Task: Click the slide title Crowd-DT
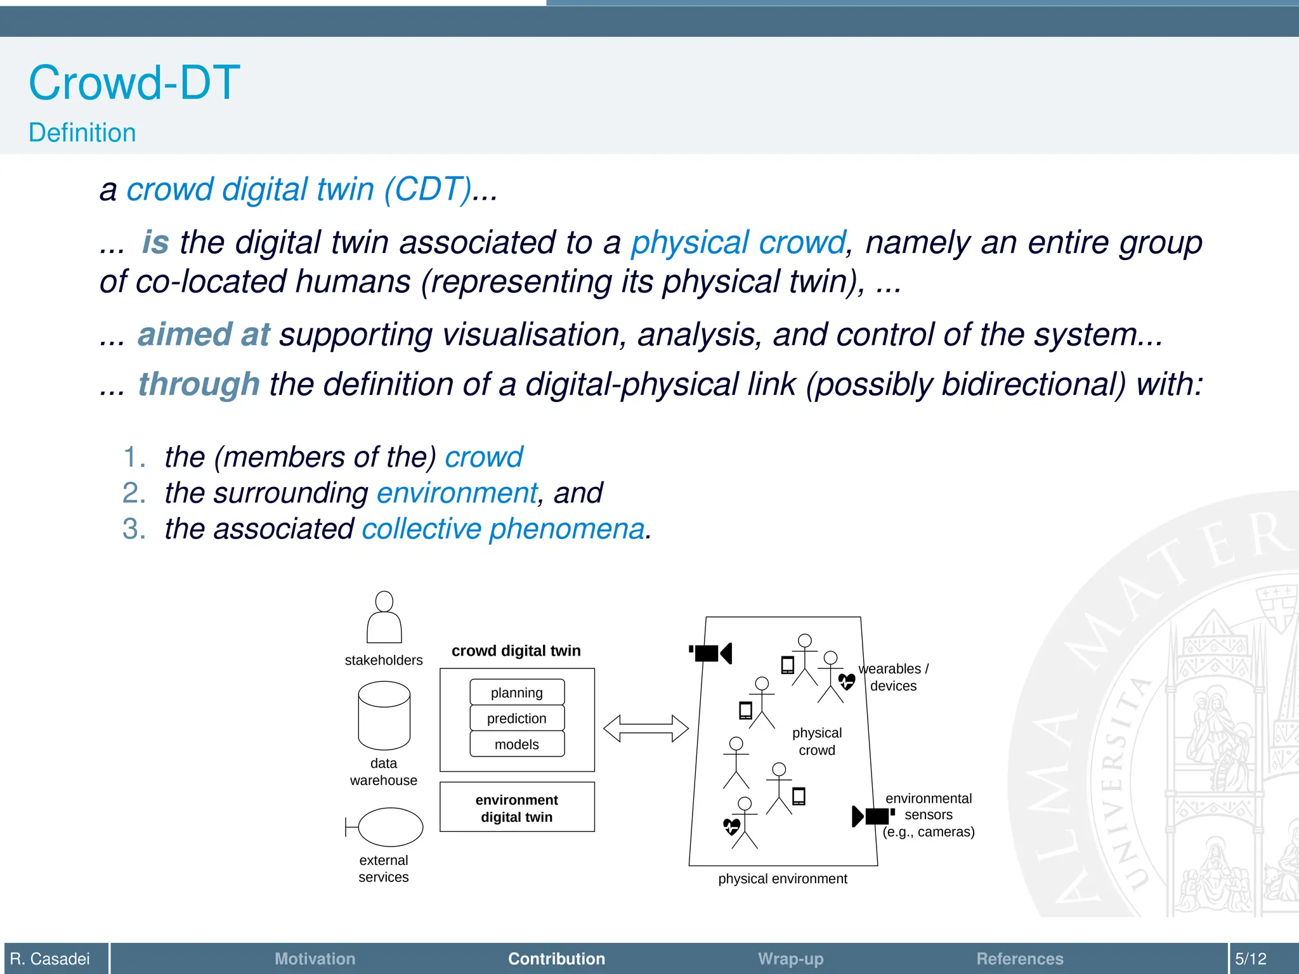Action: coord(134,83)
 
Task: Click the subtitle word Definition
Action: coord(82,133)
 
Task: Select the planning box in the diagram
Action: coord(517,692)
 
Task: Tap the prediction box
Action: coord(517,718)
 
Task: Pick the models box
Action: coord(517,744)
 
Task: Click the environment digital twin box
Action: coord(517,807)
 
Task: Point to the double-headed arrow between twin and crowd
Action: coord(646,729)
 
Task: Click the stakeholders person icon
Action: coord(384,618)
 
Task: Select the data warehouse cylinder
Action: coord(384,715)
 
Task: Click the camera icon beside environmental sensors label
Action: coord(872,816)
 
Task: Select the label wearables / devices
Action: coord(893,677)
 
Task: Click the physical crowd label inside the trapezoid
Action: coord(817,741)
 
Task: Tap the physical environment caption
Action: coord(783,879)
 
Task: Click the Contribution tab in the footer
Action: coord(556,959)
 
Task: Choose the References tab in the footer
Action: coord(1019,959)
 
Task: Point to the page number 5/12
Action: coord(1250,959)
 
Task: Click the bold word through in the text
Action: coord(199,384)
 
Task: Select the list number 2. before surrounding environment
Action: coord(134,493)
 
